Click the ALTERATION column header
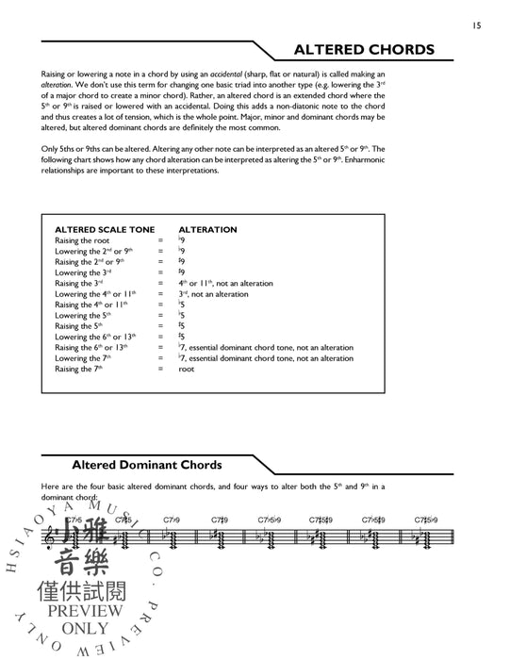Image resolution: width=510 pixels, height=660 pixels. click(x=207, y=229)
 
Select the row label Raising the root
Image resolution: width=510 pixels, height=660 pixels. click(x=82, y=240)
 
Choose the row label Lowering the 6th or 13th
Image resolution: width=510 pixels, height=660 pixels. click(x=97, y=337)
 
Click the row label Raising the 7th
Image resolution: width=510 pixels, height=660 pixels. click(x=83, y=369)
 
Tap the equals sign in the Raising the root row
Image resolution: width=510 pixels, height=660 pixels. click(x=160, y=240)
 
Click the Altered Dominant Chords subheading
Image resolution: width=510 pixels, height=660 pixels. click(x=146, y=465)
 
